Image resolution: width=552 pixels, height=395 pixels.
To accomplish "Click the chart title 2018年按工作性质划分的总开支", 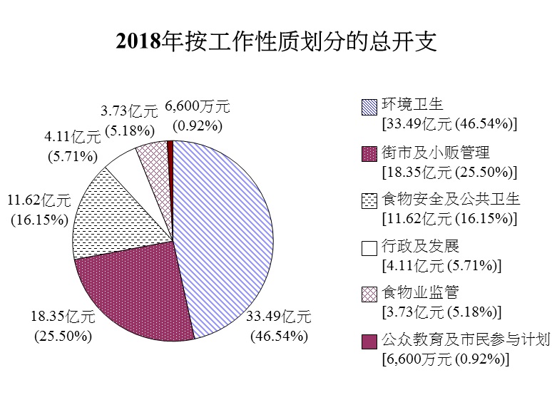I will (x=276, y=42).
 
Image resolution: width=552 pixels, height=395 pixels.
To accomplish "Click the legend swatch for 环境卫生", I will (x=369, y=106).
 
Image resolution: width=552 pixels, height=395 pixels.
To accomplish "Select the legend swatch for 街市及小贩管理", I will (x=369, y=153).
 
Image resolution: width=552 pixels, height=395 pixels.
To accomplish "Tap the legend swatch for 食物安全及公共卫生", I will (x=369, y=201).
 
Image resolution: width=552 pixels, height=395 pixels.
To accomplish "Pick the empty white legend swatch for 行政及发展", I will (x=369, y=248).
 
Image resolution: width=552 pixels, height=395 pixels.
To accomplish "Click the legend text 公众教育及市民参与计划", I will (x=466, y=341).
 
